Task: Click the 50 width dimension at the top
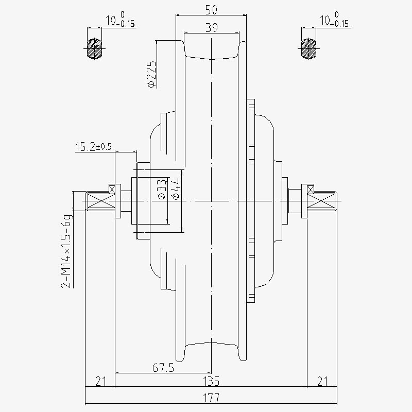coord(211,10)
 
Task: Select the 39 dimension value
coord(212,27)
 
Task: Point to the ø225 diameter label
coord(151,74)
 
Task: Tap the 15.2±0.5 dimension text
coord(94,147)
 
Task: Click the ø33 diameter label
coord(162,189)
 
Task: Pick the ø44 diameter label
coord(176,188)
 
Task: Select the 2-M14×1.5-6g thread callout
coord(66,251)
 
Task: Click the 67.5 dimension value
coord(163,368)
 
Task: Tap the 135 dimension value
coord(212,381)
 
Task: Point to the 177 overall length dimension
coord(211,398)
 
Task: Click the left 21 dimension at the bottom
coord(100,381)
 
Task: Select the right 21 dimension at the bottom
coord(322,381)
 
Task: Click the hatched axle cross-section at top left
coord(94,48)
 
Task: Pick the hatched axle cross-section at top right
coord(308,48)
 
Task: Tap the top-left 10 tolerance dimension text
coord(120,20)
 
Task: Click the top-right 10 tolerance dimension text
coord(334,20)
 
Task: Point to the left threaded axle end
coord(100,201)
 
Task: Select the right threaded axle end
coord(322,201)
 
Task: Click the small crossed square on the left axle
coord(112,190)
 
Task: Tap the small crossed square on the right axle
coord(311,190)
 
